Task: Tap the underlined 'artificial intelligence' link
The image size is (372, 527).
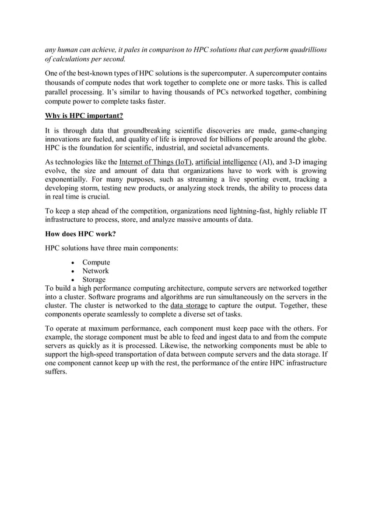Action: coord(226,162)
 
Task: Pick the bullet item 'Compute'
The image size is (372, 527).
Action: coord(96,262)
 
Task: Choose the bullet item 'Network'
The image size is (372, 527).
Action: coord(96,271)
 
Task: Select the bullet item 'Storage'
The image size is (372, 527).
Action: coord(94,280)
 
